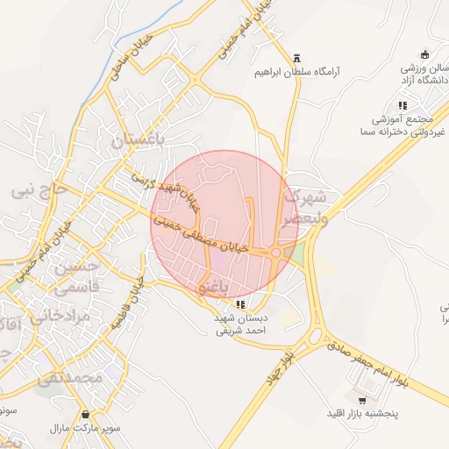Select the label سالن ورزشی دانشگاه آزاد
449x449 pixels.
point(424,74)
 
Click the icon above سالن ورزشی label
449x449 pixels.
point(425,53)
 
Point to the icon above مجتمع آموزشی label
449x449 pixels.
point(403,105)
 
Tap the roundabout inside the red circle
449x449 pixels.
point(277,253)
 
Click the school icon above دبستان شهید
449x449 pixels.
point(242,305)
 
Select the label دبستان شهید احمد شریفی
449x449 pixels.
point(240,326)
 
